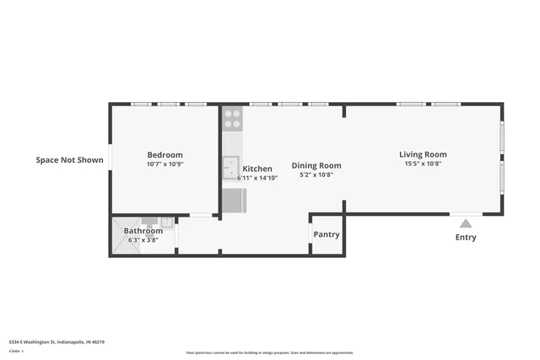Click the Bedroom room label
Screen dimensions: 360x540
pos(165,155)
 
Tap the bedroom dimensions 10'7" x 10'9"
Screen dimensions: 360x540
pos(165,164)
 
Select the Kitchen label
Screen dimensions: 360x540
pos(257,169)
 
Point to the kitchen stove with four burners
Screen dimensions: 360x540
pos(232,119)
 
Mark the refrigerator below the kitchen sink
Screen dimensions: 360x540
pos(234,201)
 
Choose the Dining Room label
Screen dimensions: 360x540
pos(316,165)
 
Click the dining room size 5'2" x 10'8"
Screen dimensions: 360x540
pos(316,175)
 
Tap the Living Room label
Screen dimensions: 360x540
pos(423,154)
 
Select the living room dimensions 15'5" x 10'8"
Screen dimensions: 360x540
pos(423,164)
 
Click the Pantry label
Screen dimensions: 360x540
pos(327,234)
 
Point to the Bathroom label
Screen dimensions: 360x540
pos(143,231)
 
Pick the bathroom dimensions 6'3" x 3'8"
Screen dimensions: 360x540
pos(143,240)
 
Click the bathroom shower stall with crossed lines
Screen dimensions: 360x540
pos(117,236)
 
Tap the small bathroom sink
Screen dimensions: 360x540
pos(167,223)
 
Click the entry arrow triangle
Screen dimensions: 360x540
pos(465,223)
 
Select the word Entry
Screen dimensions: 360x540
pos(466,238)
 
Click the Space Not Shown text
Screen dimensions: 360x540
pos(69,159)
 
